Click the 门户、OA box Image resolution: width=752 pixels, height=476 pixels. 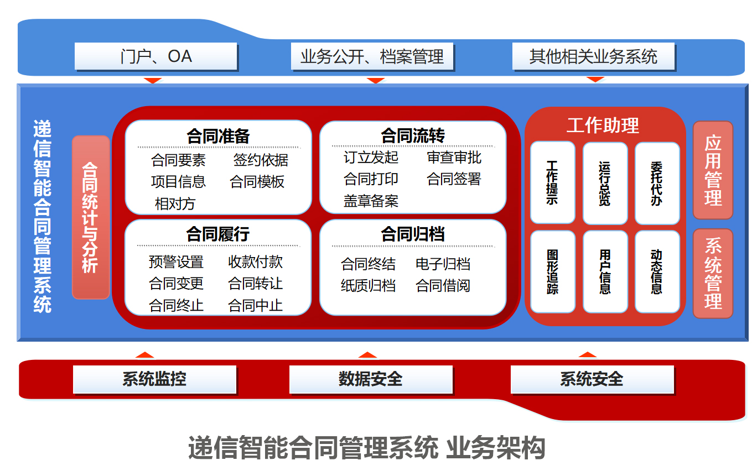156,56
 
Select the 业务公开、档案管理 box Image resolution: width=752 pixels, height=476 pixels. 372,56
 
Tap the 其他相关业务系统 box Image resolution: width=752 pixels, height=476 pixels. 593,56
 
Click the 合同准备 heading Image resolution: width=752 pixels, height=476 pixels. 218,136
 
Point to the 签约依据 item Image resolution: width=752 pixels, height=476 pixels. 261,160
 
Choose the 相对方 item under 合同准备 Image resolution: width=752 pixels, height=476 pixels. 175,203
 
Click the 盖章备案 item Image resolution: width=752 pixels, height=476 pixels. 371,201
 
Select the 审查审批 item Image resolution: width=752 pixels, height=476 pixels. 454,158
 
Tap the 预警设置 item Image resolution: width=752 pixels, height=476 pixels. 176,261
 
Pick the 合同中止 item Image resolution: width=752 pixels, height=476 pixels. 255,305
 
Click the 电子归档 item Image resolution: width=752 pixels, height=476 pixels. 443,264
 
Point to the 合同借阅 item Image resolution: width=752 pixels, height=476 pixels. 443,286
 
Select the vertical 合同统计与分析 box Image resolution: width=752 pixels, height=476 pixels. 90,217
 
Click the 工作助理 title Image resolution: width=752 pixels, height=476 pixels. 603,125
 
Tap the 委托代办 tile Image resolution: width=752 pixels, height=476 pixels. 657,183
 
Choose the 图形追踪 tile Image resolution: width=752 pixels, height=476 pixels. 552,271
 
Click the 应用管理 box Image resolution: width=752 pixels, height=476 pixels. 713,170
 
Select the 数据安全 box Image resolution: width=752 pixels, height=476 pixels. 370,379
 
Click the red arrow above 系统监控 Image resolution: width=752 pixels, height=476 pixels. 144,355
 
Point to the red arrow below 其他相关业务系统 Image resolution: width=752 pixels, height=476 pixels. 595,80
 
